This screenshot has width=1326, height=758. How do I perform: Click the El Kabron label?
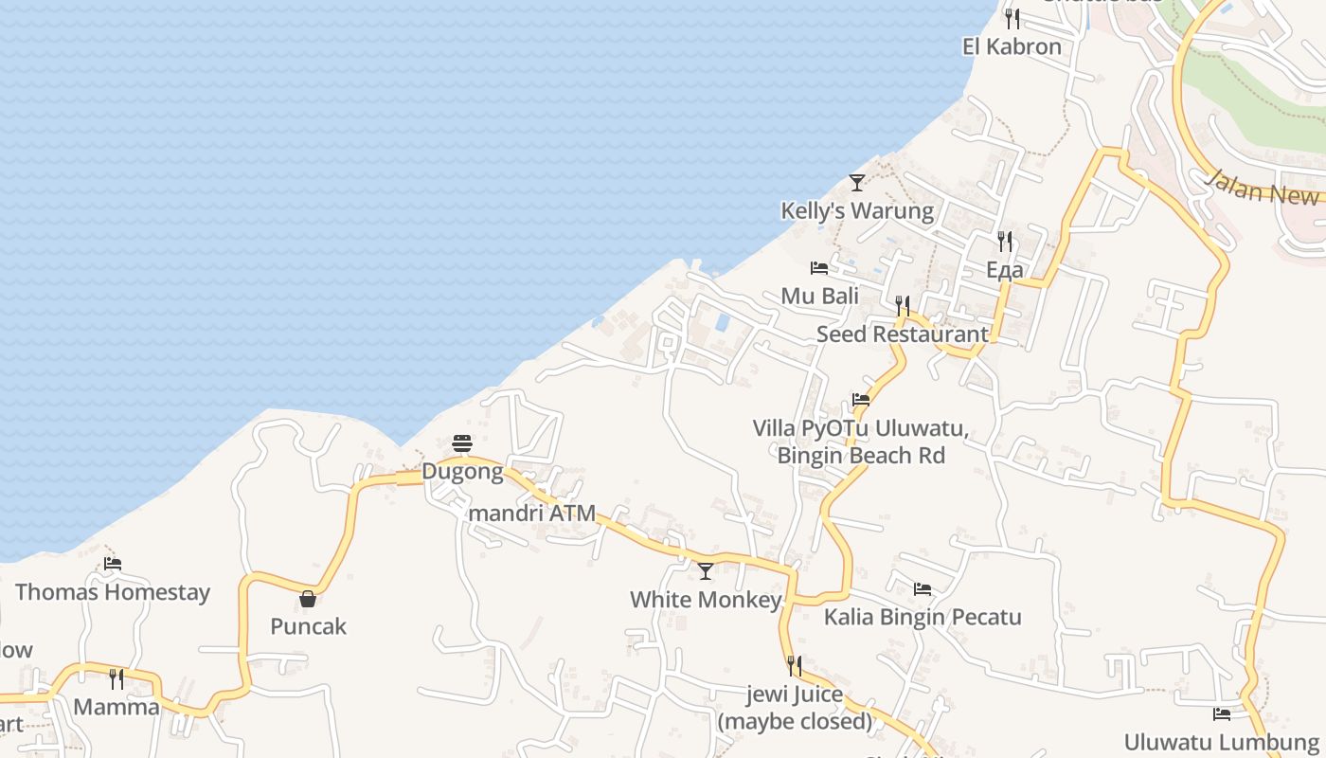coord(1012,46)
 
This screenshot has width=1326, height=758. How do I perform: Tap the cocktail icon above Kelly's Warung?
coord(857,182)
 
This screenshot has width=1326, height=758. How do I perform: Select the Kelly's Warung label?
coord(857,210)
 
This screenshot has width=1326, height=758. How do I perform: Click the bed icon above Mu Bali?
coord(819,268)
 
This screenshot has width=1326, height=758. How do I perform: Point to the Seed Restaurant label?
coord(903,334)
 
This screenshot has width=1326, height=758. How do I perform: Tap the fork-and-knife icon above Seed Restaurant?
coord(903,305)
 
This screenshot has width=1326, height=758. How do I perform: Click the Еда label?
coord(1005,270)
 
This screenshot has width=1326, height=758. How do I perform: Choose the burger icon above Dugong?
coord(462,442)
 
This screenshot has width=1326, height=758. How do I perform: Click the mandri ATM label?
coord(532,514)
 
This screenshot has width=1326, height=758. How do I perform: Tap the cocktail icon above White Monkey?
coord(706,570)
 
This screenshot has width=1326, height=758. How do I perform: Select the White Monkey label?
coord(706,600)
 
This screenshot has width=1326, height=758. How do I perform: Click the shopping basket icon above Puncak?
coord(308,598)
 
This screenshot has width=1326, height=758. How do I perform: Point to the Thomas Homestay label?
coord(113,592)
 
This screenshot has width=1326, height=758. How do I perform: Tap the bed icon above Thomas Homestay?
coord(113,563)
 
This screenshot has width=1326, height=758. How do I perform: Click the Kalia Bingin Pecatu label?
coord(923,618)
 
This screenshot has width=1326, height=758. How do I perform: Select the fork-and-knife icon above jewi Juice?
coord(795,665)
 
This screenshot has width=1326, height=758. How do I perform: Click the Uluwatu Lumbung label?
coord(1221,741)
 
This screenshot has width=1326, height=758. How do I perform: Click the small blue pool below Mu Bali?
coord(723,322)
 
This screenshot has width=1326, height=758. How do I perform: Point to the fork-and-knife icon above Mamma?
coord(116,678)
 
